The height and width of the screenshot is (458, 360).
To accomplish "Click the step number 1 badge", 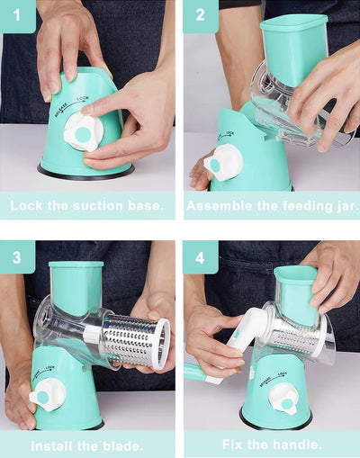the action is click(18, 15).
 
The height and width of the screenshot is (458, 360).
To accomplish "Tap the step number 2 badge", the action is click(201, 15).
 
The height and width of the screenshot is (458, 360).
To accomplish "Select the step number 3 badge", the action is click(17, 257).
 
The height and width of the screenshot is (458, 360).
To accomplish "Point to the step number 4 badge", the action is click(201, 257).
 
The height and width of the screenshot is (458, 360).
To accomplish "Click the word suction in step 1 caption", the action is click(98, 206).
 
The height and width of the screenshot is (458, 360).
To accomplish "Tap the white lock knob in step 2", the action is click(223, 163).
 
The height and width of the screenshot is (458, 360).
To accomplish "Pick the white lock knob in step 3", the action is click(48, 395).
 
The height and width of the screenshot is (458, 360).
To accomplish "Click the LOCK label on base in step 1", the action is click(83, 98).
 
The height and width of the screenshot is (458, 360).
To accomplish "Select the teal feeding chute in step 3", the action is click(76, 289).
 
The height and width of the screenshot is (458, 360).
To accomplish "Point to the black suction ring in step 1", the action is click(85, 174).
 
